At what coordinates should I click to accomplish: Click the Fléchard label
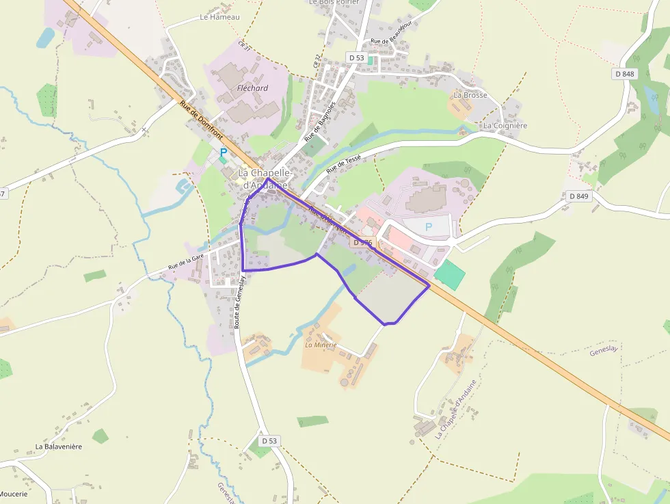coord(252,88)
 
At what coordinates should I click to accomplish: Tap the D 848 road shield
coord(625,74)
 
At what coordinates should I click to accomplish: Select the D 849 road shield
coord(578,196)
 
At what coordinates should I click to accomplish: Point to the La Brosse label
coord(470,95)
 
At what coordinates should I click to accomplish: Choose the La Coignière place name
coord(505,126)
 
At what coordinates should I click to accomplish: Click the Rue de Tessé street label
coord(344,163)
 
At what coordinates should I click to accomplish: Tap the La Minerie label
coord(321,345)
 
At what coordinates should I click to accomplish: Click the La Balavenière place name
coord(59,447)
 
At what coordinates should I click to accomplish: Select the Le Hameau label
coord(220,17)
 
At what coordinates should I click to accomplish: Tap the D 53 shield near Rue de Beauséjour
coord(356,57)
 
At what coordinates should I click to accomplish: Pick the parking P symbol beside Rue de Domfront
coord(223,153)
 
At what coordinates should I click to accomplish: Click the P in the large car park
coord(429,226)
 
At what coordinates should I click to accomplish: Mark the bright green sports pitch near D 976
coord(450,274)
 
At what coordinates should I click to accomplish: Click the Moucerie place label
coord(14,494)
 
